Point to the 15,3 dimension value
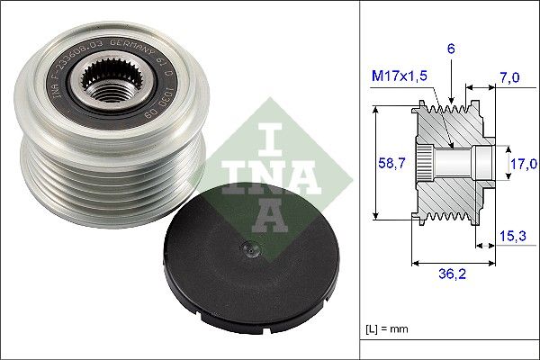pyautogui.click(x=513, y=235)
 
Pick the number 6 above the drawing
pyautogui.click(x=450, y=52)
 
